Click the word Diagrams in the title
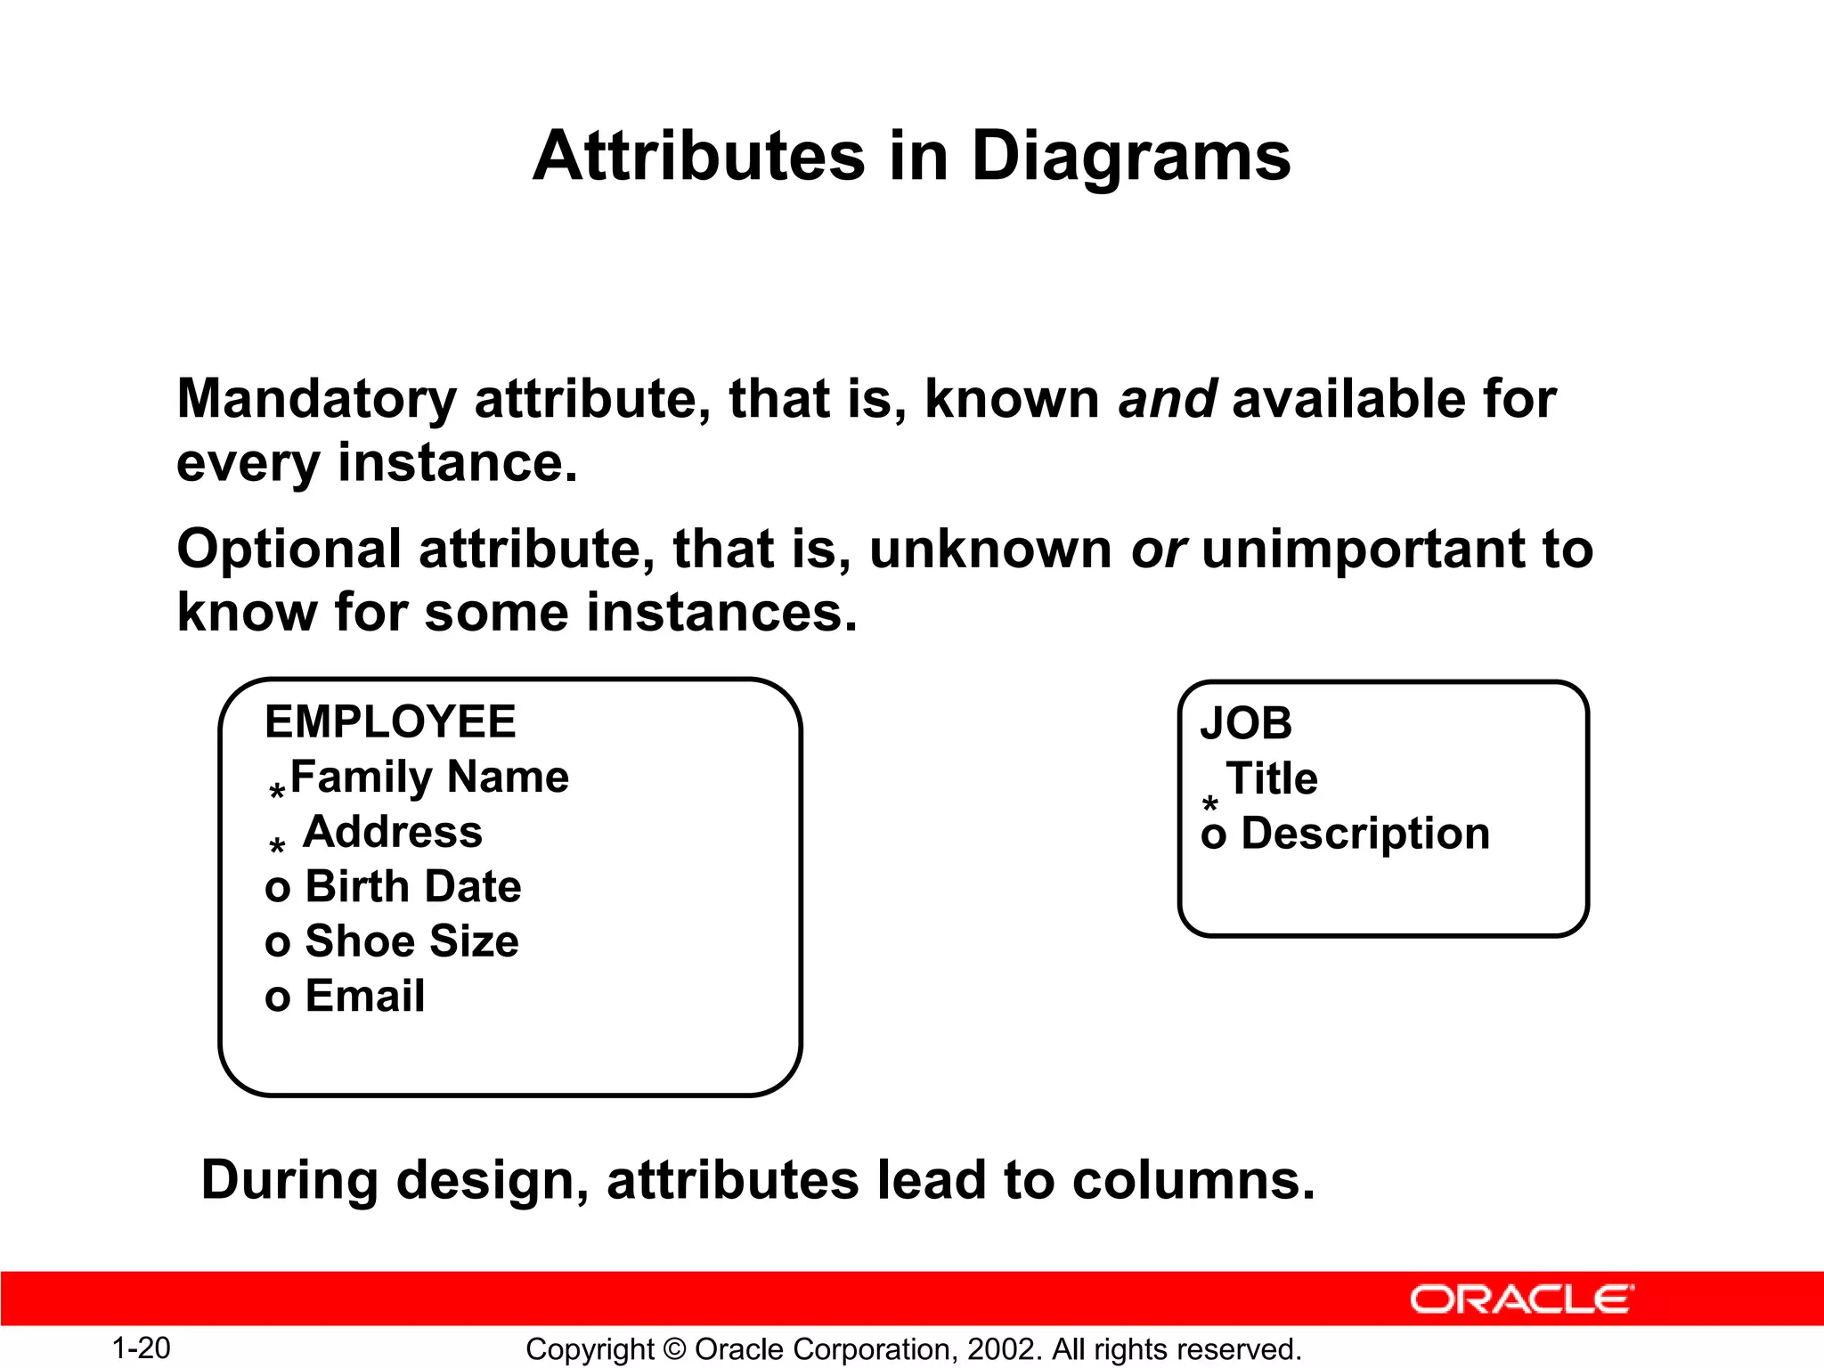tap(1130, 157)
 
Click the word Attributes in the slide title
tap(698, 157)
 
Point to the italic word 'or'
tap(1158, 549)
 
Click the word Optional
tap(289, 549)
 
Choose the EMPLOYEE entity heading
tap(390, 721)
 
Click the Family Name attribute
tap(429, 777)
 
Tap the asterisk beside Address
tap(277, 845)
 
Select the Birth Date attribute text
tap(413, 886)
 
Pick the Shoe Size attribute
tap(411, 941)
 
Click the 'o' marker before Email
tap(277, 998)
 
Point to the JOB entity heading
tap(1245, 723)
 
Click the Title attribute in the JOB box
tap(1272, 778)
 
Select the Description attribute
tap(1365, 834)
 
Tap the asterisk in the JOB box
tap(1210, 805)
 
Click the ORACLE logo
tap(1521, 1299)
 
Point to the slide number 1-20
tap(141, 1348)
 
